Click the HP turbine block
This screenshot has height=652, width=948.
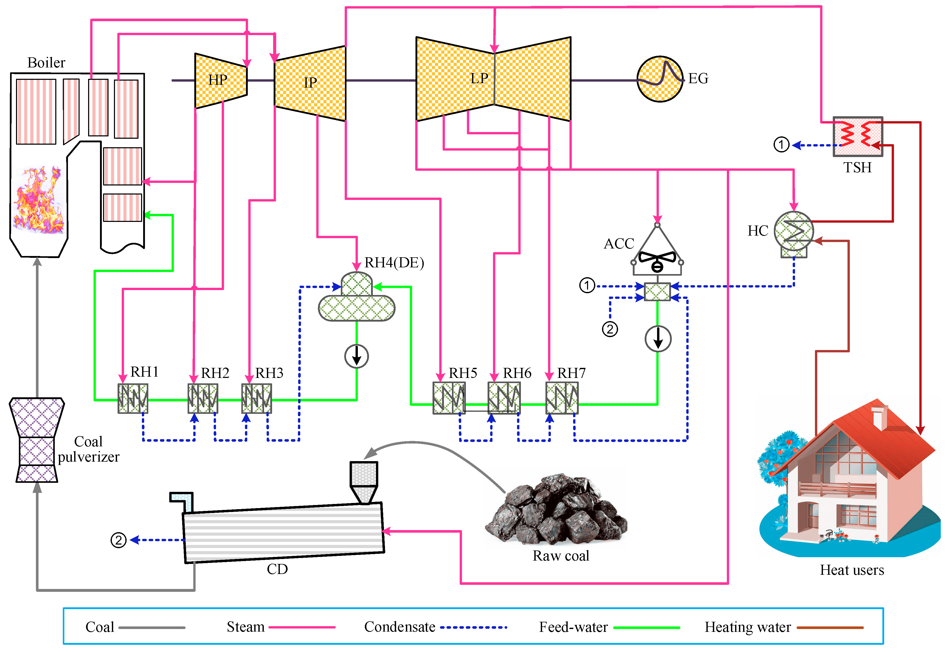point(221,81)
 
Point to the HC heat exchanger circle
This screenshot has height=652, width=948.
point(793,231)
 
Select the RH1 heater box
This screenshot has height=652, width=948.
point(133,398)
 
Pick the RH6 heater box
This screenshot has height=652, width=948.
point(504,398)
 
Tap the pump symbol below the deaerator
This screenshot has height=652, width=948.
point(356,356)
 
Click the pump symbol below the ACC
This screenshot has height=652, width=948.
point(658,339)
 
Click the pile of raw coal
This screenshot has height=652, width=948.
point(556,511)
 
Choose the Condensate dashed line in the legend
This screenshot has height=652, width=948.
point(474,627)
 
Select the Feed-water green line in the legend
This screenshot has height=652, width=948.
point(647,627)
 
